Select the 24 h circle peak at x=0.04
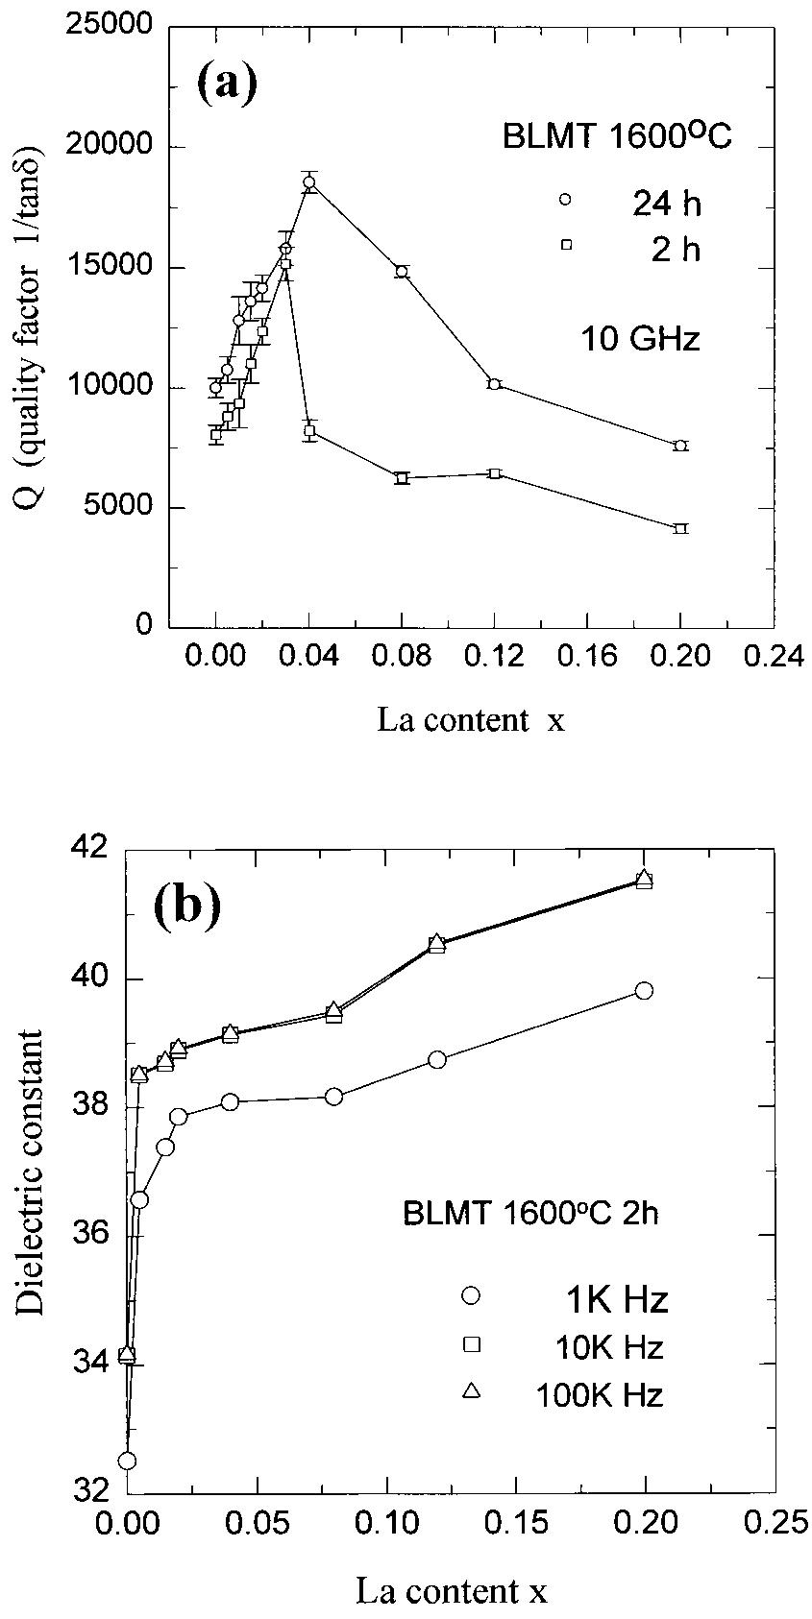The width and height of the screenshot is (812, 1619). [309, 182]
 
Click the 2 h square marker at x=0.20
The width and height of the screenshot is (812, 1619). [680, 528]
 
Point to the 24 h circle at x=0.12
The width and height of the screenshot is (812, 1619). [494, 384]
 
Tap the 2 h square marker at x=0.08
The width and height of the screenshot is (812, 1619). [402, 477]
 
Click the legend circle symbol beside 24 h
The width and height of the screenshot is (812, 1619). [565, 200]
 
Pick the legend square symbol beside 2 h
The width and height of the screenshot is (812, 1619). [566, 245]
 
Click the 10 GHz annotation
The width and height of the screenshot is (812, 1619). [639, 339]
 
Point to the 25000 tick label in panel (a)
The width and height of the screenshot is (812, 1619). [111, 26]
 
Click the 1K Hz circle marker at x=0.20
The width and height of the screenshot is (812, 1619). [644, 991]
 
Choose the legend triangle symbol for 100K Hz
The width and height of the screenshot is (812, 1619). [471, 1390]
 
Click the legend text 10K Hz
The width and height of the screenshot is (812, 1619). [609, 1347]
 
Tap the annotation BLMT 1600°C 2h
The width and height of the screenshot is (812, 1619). [530, 1214]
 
